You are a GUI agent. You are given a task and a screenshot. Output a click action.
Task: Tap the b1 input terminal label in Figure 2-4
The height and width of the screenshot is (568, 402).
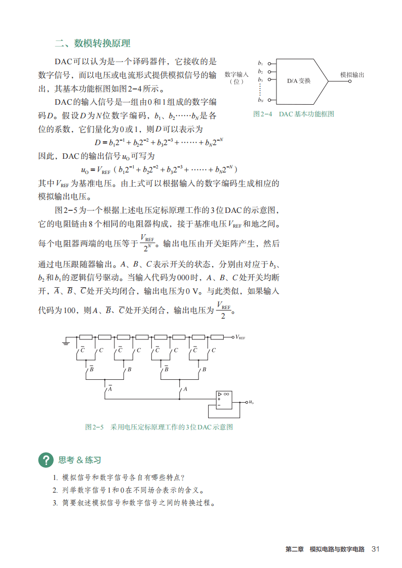260,63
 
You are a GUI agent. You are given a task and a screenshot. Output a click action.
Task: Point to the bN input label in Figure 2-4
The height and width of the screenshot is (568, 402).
260,100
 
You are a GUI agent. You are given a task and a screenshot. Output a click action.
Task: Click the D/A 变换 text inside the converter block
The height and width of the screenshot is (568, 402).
299,81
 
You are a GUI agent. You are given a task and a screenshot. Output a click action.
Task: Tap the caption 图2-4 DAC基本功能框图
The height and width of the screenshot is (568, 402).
294,114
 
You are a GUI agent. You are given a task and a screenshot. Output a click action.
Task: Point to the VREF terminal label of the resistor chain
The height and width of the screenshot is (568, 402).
240,337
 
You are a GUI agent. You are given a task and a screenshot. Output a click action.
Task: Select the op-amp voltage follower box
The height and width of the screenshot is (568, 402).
224,400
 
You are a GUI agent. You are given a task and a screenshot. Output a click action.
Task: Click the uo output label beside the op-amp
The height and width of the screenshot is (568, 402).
251,402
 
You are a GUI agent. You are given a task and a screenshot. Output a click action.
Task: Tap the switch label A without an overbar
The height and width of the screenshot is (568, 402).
185,388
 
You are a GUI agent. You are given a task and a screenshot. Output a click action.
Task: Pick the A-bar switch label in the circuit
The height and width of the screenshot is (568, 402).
110,388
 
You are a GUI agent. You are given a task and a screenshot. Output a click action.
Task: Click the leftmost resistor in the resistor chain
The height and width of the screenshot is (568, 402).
86,337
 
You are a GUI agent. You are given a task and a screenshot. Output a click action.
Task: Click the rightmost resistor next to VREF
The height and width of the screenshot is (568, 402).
217,337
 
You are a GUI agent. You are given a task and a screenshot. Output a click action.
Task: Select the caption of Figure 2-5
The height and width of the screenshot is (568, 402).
158,427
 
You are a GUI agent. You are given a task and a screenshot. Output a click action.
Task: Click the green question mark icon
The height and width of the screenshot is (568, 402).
46,460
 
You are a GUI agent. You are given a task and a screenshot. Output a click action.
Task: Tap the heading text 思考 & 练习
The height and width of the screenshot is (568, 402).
79,460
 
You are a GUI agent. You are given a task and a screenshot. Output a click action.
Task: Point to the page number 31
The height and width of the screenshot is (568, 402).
376,549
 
